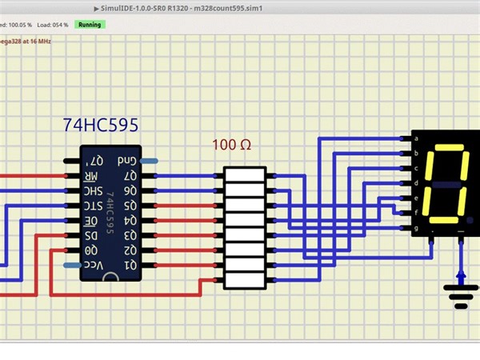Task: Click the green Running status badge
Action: pyautogui.click(x=90, y=25)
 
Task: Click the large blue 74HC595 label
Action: pyautogui.click(x=101, y=126)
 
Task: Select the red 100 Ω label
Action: pyautogui.click(x=231, y=146)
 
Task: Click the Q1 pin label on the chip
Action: pyautogui.click(x=128, y=266)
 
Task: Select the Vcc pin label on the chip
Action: pyautogui.click(x=94, y=266)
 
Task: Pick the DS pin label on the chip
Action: pyautogui.click(x=92, y=236)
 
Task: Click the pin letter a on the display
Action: pyautogui.click(x=415, y=139)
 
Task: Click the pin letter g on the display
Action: pyautogui.click(x=415, y=228)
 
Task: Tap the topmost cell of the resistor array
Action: pyautogui.click(x=244, y=174)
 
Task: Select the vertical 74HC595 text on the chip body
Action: pyautogui.click(x=110, y=213)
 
